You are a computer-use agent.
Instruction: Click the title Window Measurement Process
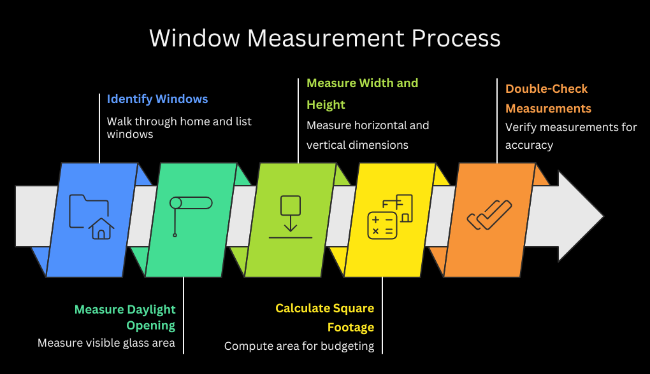pos(324,38)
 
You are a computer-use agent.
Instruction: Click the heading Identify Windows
pos(157,99)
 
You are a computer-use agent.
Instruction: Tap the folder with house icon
pos(91,217)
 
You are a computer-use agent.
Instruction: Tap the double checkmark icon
pos(489,215)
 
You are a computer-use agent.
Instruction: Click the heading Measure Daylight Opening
pos(125,317)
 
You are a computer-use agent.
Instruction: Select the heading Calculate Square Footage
pos(325,317)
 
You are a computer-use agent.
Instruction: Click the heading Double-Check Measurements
pos(548,99)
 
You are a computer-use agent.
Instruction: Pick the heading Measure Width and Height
pos(362,93)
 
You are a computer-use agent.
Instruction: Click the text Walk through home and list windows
pos(179,127)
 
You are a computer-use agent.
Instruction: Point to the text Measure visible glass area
pos(106,343)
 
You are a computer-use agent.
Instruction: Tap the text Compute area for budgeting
pos(299,347)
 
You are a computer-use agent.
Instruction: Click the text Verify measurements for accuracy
pos(570,135)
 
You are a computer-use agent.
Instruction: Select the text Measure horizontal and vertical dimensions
pos(368,135)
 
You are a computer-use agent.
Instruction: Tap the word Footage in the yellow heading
pos(350,328)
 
